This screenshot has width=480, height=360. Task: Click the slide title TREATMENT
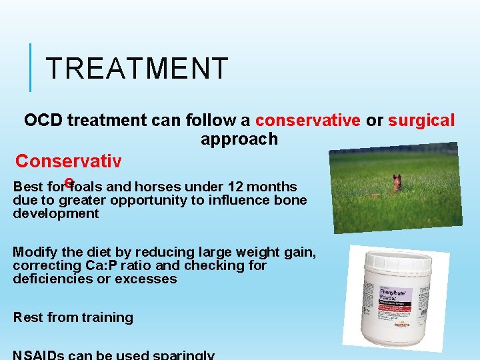(x=137, y=68)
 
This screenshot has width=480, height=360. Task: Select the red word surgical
(x=421, y=121)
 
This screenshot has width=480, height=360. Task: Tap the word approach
(x=239, y=139)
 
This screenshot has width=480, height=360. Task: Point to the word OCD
(x=43, y=121)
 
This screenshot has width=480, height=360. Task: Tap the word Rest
(x=27, y=317)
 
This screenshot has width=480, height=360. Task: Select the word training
(x=105, y=318)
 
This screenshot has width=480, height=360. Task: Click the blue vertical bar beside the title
(x=31, y=67)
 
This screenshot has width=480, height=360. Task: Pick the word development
(x=55, y=213)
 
